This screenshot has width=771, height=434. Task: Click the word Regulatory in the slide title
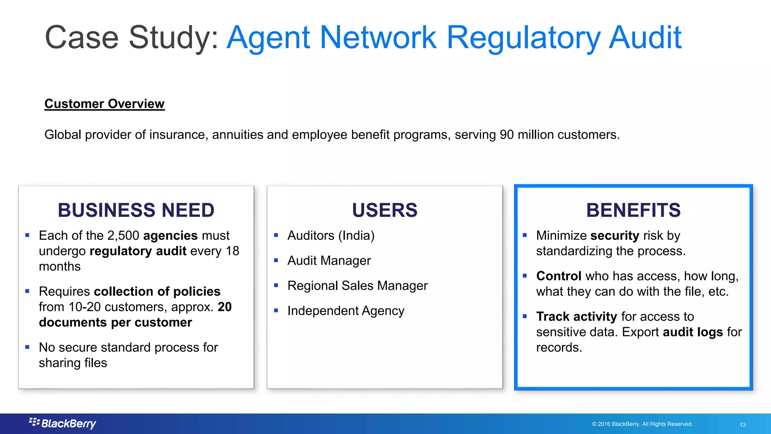pyautogui.click(x=523, y=38)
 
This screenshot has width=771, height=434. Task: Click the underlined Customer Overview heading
pyautogui.click(x=104, y=104)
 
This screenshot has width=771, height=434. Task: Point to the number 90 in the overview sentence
pyautogui.click(x=507, y=134)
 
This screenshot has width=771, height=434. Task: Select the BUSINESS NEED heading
pyautogui.click(x=136, y=210)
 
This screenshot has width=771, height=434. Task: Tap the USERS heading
pyautogui.click(x=385, y=210)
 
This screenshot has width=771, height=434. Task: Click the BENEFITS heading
pyautogui.click(x=633, y=210)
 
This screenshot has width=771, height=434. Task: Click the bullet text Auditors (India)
pyautogui.click(x=331, y=235)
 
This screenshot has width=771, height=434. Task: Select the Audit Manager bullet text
pyautogui.click(x=329, y=261)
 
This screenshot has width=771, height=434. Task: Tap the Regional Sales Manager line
pyautogui.click(x=357, y=286)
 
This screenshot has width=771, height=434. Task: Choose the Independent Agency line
pyautogui.click(x=346, y=311)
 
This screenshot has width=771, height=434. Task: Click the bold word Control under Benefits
pyautogui.click(x=559, y=276)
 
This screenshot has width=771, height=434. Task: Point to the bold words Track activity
pyautogui.click(x=576, y=316)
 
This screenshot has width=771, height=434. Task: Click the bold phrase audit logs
pyautogui.click(x=693, y=332)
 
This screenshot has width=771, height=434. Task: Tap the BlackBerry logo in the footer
pyautogui.click(x=63, y=423)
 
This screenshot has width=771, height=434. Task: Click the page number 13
pyautogui.click(x=742, y=425)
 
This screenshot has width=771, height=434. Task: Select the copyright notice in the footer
pyautogui.click(x=642, y=424)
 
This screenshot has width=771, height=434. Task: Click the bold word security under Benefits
pyautogui.click(x=614, y=235)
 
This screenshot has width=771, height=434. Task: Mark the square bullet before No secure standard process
pyautogui.click(x=27, y=347)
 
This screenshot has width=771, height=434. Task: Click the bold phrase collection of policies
pyautogui.click(x=157, y=292)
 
